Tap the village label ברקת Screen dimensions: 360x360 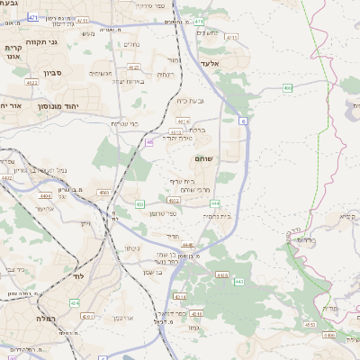coord(201,130)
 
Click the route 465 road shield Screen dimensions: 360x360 coord(287,87)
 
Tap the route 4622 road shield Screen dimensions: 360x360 coord(133,67)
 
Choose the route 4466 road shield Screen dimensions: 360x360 coord(328,335)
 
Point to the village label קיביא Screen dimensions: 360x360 coord(345,216)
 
